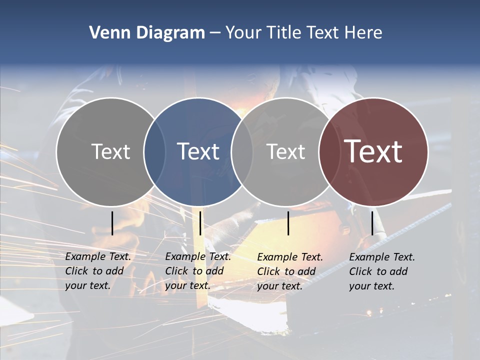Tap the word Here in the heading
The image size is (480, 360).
(x=363, y=33)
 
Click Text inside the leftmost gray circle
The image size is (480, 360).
(x=110, y=151)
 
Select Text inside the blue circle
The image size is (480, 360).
(x=198, y=151)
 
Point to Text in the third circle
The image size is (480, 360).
(x=285, y=151)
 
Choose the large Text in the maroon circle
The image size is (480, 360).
(x=373, y=151)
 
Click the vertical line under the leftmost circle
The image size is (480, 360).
(x=112, y=223)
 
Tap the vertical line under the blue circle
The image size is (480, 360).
(x=200, y=223)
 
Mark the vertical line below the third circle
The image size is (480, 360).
(x=288, y=223)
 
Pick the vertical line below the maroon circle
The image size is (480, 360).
(x=372, y=223)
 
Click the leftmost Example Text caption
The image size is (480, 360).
(x=98, y=271)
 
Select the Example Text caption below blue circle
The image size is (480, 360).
(x=198, y=271)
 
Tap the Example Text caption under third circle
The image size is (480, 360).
(x=290, y=271)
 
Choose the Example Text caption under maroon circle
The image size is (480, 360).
(x=382, y=271)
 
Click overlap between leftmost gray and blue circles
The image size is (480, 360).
(x=154, y=151)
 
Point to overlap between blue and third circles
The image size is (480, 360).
(x=242, y=151)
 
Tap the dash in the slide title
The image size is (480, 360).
(x=215, y=33)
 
